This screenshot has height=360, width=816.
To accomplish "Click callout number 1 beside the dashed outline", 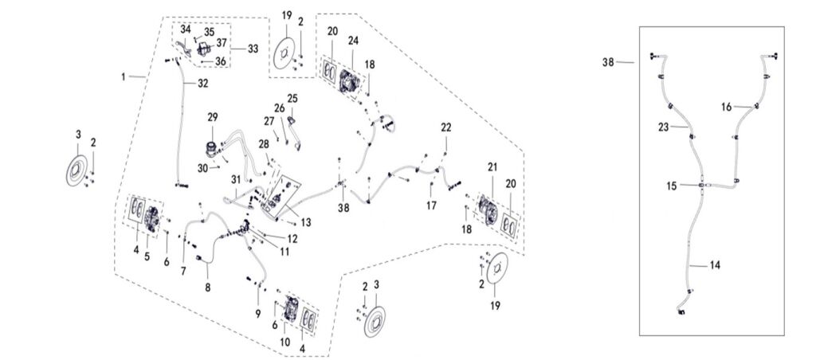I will pos(124,76).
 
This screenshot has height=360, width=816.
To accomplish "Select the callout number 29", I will pos(213,117).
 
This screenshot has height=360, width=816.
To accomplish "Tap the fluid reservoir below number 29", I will pos(212,148).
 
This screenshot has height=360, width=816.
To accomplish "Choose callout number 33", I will pos(253,49).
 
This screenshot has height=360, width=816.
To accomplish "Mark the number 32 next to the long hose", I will pos(203,82).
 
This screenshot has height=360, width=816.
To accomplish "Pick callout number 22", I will pos(446,127).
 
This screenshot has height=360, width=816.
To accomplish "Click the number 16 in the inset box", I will pos(727,106).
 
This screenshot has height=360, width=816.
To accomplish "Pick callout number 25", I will pos(292,98).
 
